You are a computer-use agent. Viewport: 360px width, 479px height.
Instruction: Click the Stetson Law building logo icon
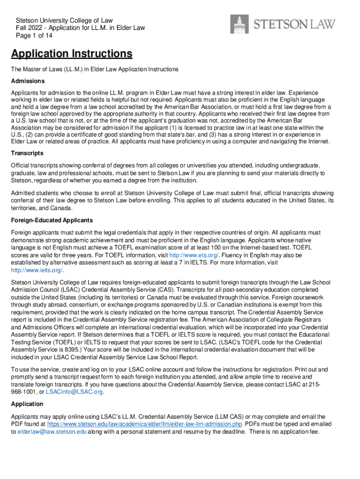[x=240, y=24]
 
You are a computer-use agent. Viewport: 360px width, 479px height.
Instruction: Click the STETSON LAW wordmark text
[x=295, y=24]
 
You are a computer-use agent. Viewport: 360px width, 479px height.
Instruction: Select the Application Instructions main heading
[x=72, y=54]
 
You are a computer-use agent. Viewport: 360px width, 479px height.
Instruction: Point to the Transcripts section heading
[x=27, y=153]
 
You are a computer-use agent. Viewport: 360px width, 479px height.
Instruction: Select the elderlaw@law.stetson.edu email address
[x=52, y=432]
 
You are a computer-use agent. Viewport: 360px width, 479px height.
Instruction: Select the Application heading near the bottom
[x=27, y=404]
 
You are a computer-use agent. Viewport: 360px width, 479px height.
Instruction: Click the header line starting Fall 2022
[x=80, y=28]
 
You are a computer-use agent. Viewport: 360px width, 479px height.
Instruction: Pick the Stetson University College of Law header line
[x=64, y=20]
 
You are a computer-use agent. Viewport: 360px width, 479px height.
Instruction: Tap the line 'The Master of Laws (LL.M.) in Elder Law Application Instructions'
[x=95, y=69]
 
